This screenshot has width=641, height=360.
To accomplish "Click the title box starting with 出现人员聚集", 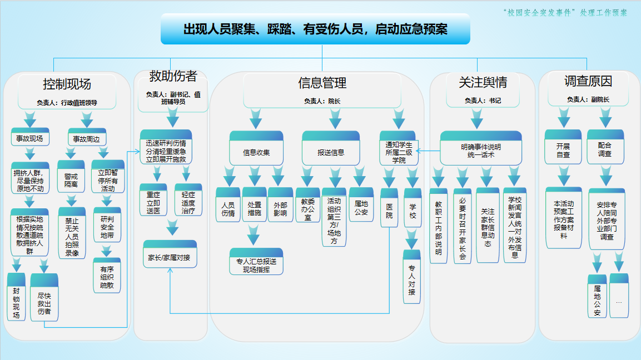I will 315,29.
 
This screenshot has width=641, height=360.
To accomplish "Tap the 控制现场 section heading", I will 67,84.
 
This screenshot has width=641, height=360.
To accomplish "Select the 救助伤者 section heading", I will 173,76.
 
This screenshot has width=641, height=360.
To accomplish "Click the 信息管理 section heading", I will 322,83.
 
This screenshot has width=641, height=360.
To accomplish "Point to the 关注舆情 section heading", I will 483,83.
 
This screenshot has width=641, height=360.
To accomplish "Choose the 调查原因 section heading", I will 588,81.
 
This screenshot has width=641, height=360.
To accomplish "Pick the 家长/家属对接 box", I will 170,258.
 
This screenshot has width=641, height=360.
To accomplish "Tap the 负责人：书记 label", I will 483,101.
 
